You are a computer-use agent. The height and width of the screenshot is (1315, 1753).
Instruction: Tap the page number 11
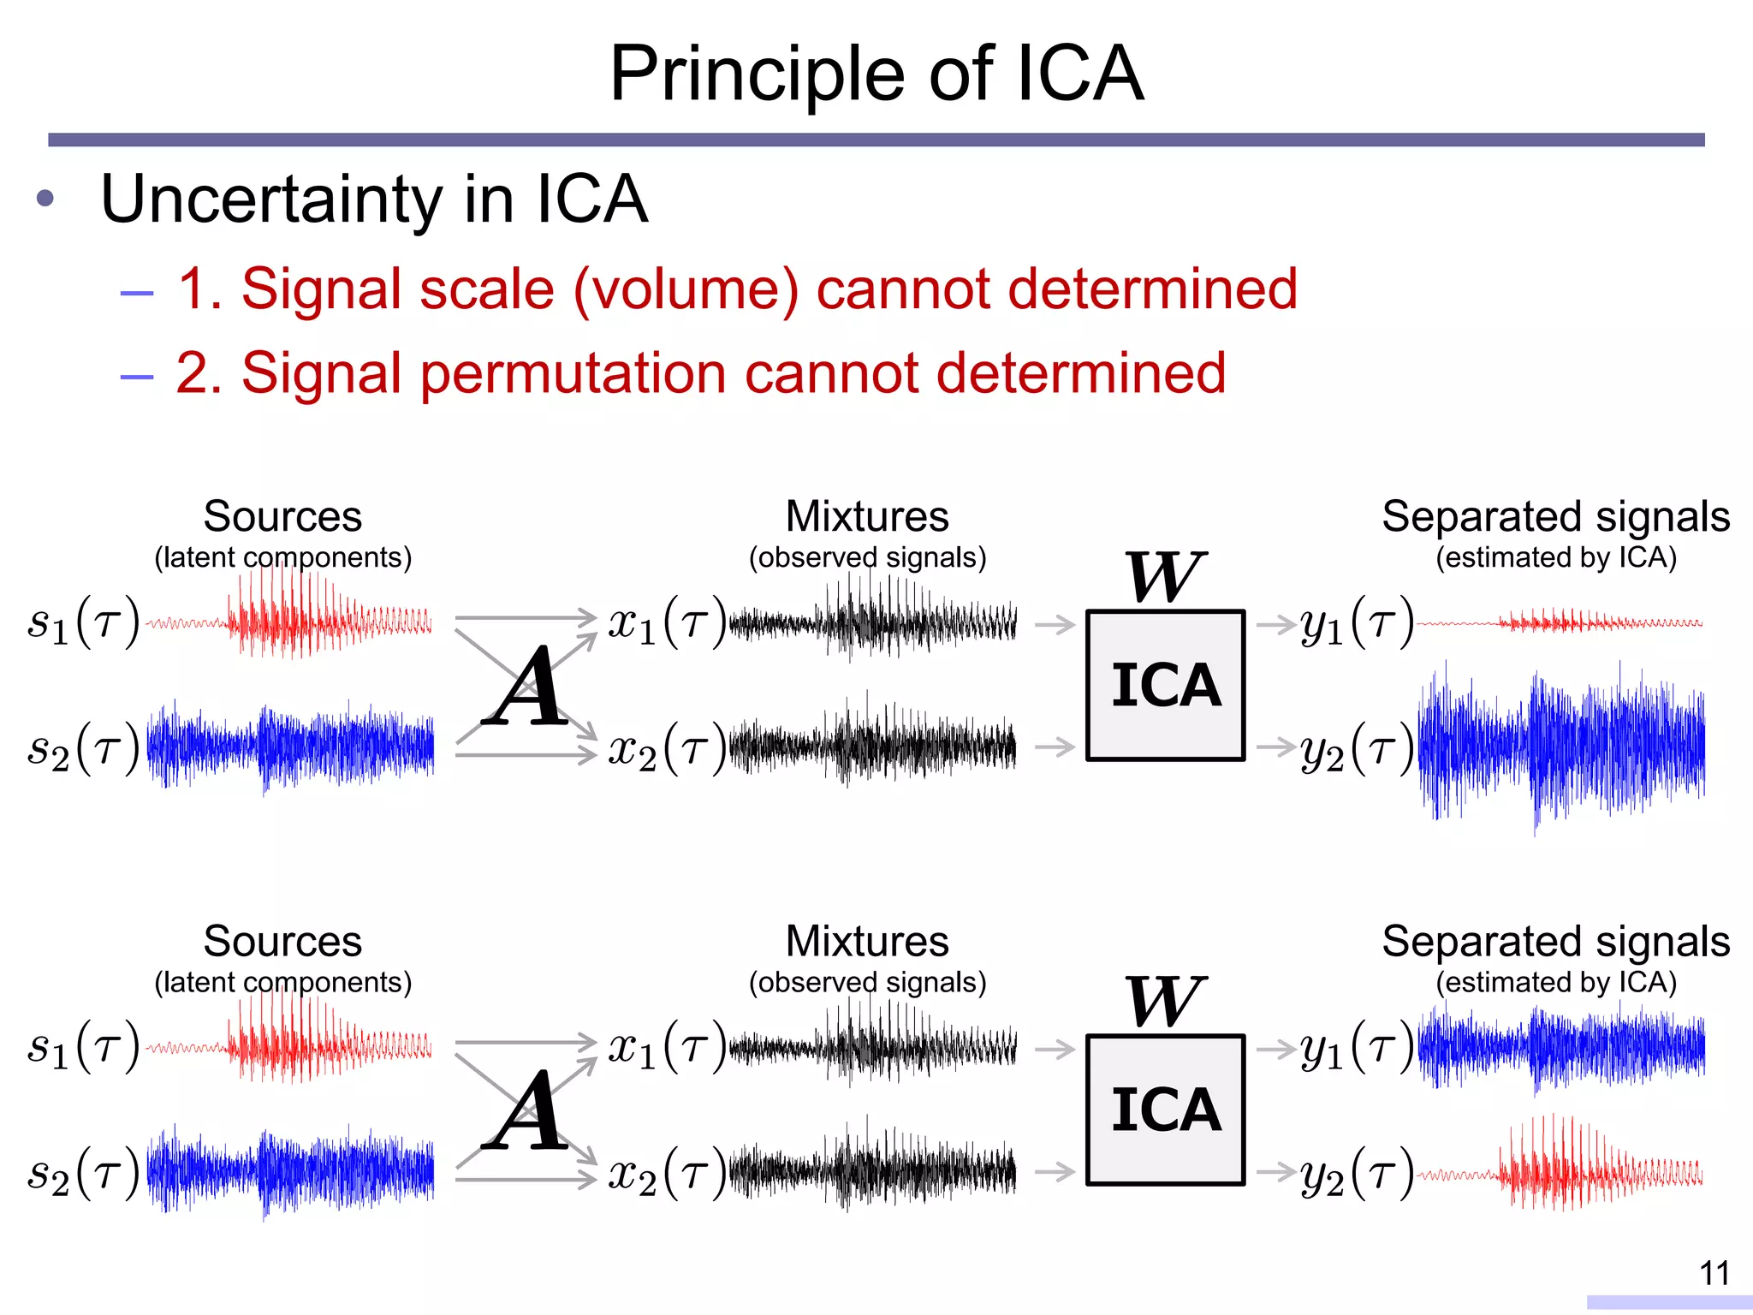[x=1714, y=1273]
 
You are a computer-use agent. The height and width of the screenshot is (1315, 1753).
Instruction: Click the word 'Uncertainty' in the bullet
[x=270, y=199]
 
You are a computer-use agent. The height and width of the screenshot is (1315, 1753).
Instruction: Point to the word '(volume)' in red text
[x=686, y=289]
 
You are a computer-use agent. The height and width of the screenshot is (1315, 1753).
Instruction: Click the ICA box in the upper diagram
[x=1165, y=685]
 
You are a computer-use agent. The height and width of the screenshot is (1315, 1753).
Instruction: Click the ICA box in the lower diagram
[x=1165, y=1110]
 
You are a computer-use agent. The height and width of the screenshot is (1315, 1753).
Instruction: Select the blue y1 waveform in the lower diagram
[x=1561, y=1047]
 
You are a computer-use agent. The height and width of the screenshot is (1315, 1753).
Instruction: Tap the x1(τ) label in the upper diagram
[x=667, y=622]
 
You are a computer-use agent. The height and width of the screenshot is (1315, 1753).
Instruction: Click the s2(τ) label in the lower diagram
[x=83, y=1173]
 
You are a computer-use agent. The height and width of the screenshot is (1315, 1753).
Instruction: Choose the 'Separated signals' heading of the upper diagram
[x=1555, y=517]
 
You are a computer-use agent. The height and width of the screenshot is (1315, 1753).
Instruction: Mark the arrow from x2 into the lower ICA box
[x=1055, y=1171]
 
